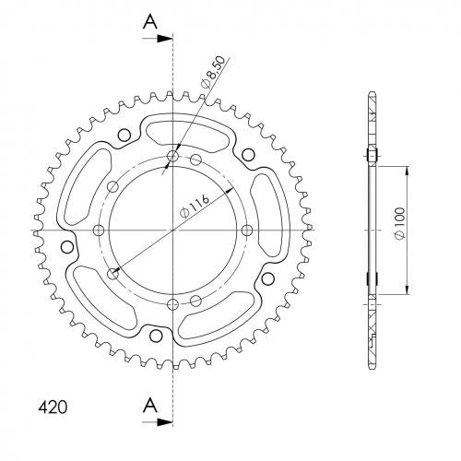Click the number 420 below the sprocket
tap(53, 408)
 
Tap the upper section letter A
tap(150, 22)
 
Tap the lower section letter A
tap(150, 405)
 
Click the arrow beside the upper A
tap(157, 39)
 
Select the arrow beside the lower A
tap(157, 422)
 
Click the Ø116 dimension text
tap(195, 206)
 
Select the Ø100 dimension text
tap(400, 223)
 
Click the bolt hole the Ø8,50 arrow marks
tap(172, 156)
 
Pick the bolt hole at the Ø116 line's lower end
tap(113, 273)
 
